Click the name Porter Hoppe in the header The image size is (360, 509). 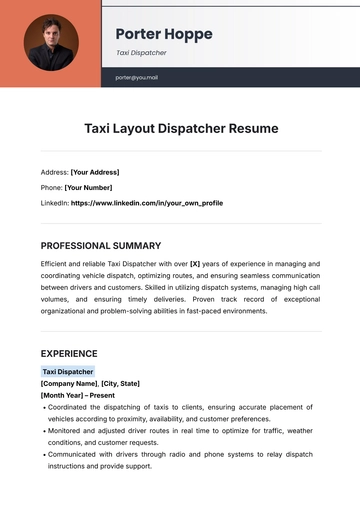pos(163,34)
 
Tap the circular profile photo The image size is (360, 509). pos(51,42)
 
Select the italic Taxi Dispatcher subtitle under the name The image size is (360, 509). pos(141,53)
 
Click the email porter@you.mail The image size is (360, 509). pos(137,77)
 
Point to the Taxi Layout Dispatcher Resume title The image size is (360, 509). pos(180,129)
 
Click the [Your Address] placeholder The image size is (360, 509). pos(103,171)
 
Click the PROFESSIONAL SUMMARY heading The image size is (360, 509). pos(100,245)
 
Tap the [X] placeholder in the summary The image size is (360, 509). pos(195,263)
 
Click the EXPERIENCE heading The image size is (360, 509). pos(69,353)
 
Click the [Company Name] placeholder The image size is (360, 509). pos(70,383)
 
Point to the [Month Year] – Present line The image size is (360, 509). pos(78,395)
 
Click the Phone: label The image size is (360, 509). pos(51,187)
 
